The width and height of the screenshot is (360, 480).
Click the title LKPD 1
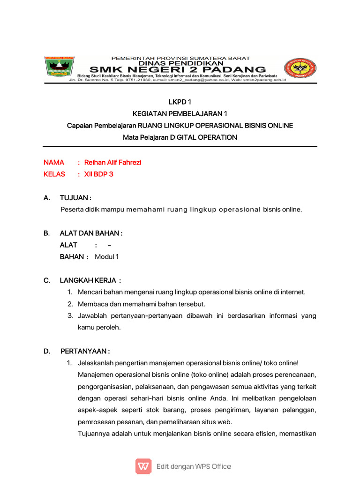click(180, 102)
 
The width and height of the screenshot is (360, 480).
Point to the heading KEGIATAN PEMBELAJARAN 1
click(180, 114)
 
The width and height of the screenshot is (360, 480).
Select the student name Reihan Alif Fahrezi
click(112, 163)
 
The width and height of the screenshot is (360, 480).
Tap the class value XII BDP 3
click(99, 174)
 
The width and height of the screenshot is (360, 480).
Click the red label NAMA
click(54, 163)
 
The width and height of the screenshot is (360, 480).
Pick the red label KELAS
click(54, 174)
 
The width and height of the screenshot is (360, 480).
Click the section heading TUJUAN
click(75, 198)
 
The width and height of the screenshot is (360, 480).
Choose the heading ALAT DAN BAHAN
click(91, 233)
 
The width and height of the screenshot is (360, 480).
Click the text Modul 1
click(107, 257)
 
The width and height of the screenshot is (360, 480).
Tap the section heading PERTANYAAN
click(85, 351)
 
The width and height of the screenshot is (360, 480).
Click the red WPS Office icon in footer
click(143, 466)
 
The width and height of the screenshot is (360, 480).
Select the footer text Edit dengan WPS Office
click(194, 466)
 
